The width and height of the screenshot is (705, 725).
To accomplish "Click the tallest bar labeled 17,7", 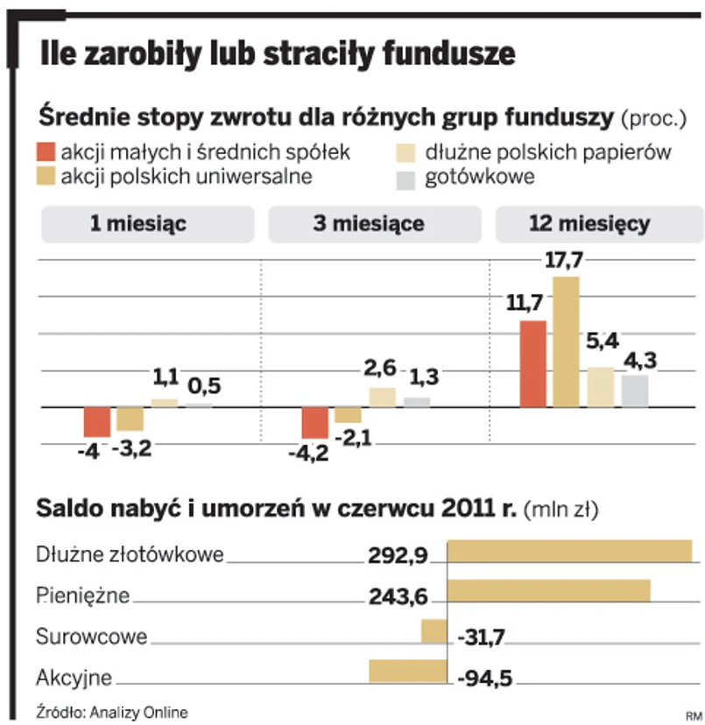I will click(x=567, y=341).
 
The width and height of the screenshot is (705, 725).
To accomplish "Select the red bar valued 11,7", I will click(x=532, y=363).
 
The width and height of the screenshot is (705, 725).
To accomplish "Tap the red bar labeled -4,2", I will click(x=314, y=423).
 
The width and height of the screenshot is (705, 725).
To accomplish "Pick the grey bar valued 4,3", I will click(x=635, y=391).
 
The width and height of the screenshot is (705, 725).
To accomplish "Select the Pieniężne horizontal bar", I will click(x=548, y=590).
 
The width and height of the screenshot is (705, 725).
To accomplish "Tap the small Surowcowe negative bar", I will click(x=434, y=630).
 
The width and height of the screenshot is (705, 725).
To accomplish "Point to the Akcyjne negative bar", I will click(x=407, y=671).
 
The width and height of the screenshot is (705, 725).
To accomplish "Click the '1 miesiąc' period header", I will click(x=137, y=224).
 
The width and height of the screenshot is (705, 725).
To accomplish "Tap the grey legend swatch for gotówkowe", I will click(x=404, y=179).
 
